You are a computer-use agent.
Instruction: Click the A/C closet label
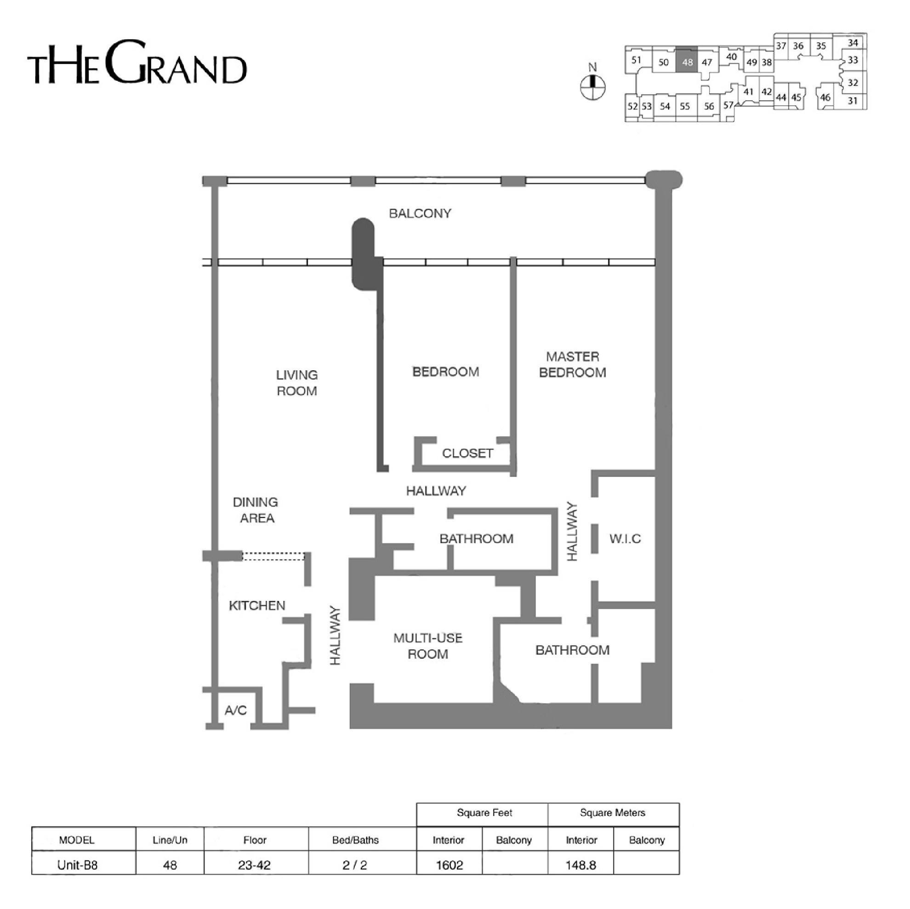click(235, 710)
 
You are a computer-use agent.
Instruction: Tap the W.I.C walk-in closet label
click(625, 539)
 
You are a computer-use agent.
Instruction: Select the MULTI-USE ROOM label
click(428, 646)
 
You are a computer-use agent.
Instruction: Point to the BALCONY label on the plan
click(420, 213)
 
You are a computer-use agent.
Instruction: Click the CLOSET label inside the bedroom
click(467, 453)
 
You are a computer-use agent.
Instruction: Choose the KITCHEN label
click(257, 605)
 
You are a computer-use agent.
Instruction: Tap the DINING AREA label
click(256, 510)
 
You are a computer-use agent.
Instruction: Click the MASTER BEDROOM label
click(572, 364)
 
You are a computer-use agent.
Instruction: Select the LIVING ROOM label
click(297, 383)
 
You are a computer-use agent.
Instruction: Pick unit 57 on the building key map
click(728, 105)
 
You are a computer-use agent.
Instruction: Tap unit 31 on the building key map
click(853, 101)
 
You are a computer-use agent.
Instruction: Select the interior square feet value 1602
click(449, 865)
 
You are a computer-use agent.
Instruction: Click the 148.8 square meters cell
click(581, 865)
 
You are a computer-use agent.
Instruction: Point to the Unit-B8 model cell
click(77, 865)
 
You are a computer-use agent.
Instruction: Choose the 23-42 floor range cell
click(254, 865)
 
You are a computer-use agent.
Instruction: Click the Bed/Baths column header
click(355, 840)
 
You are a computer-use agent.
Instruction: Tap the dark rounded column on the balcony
click(365, 254)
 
